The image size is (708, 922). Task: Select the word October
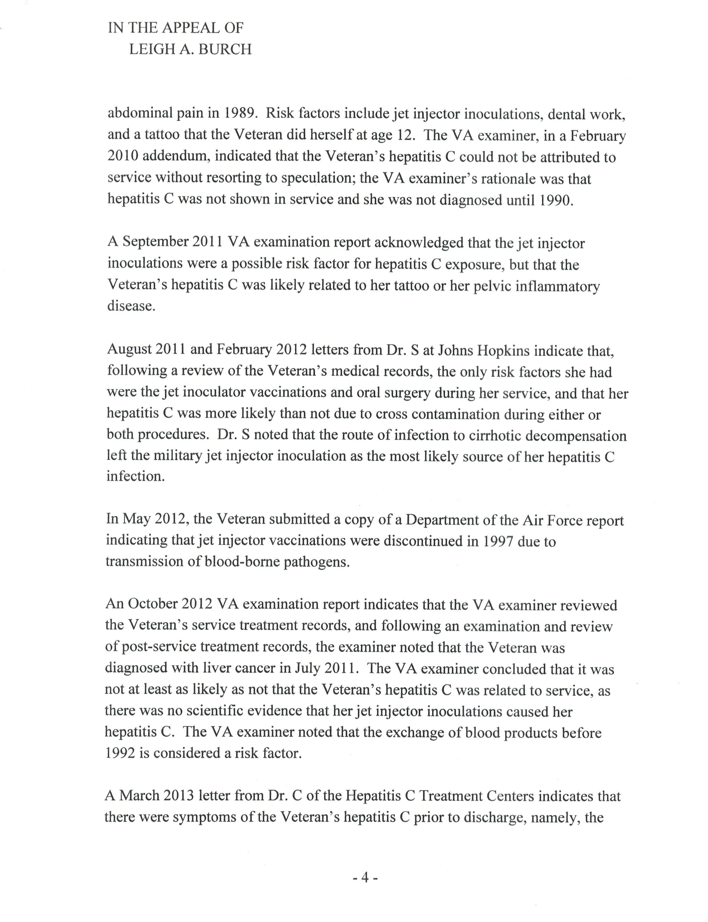[x=152, y=605]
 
